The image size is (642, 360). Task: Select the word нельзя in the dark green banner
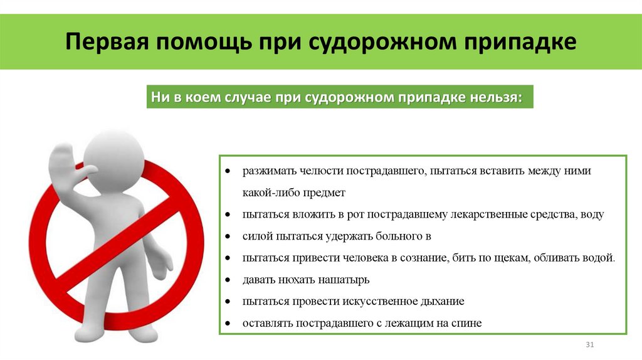[x=494, y=98]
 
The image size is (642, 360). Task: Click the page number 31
[x=589, y=346]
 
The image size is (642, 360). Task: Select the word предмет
[x=324, y=193]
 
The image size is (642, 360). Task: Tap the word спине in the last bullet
[x=468, y=323]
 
